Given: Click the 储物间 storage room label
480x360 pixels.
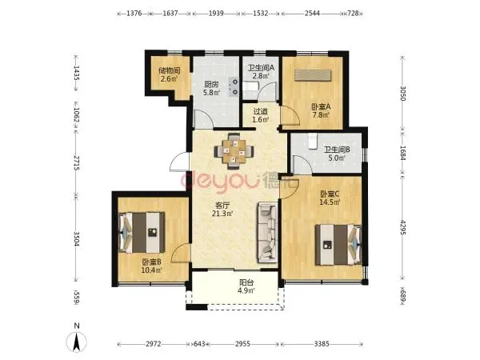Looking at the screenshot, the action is click(169, 70).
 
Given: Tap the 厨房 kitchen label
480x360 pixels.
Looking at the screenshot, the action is click(211, 84).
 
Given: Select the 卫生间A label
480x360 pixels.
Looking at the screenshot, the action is click(261, 68).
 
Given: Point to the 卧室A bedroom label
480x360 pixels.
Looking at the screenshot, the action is click(321, 107).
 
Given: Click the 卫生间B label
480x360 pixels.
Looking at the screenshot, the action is click(337, 150).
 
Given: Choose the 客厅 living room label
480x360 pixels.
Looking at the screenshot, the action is click(222, 205).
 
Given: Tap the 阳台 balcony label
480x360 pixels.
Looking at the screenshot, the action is click(246, 282).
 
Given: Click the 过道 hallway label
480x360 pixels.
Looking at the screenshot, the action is click(261, 111).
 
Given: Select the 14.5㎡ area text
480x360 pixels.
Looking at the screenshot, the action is click(330, 202).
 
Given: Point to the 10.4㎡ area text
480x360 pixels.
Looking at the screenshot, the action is click(151, 270).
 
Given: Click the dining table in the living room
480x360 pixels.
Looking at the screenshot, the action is click(234, 150).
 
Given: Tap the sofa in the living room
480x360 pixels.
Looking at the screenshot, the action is click(267, 233).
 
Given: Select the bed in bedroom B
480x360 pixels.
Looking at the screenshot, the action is click(142, 232).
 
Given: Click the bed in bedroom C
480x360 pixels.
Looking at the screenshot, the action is click(338, 245).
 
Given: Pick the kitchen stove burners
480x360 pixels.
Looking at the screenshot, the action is click(234, 86).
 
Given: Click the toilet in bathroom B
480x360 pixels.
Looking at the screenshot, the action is click(312, 142).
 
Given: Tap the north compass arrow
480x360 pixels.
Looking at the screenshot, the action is click(77, 342).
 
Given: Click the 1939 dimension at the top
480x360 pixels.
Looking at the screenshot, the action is click(216, 14).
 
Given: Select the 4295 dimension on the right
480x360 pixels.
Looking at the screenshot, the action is click(402, 227).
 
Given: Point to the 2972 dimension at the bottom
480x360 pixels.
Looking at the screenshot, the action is click(153, 344).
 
